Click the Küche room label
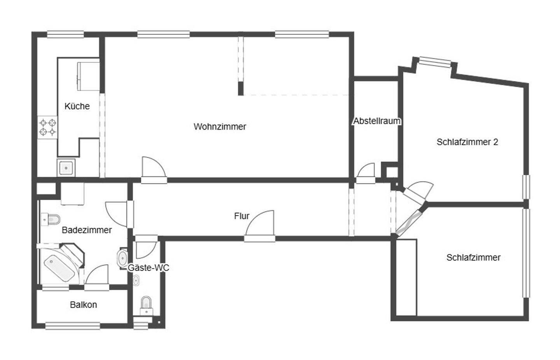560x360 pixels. tap(77, 106)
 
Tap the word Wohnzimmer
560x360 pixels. tap(220, 127)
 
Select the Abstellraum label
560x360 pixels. tap(376, 121)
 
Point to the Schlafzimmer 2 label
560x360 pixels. tap(467, 142)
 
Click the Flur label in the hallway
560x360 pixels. tap(241, 216)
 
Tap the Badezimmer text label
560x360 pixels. tap(87, 230)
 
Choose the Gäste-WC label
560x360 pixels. tap(149, 268)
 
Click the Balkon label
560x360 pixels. tap(83, 305)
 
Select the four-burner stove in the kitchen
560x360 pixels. tap(48, 127)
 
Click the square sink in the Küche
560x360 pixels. tap(66, 168)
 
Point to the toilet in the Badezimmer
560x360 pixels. tap(51, 220)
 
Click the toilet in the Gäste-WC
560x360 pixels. tap(146, 304)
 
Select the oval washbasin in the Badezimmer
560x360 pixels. tap(123, 258)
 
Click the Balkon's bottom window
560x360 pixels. tap(72, 325)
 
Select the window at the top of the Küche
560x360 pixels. tap(65, 35)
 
